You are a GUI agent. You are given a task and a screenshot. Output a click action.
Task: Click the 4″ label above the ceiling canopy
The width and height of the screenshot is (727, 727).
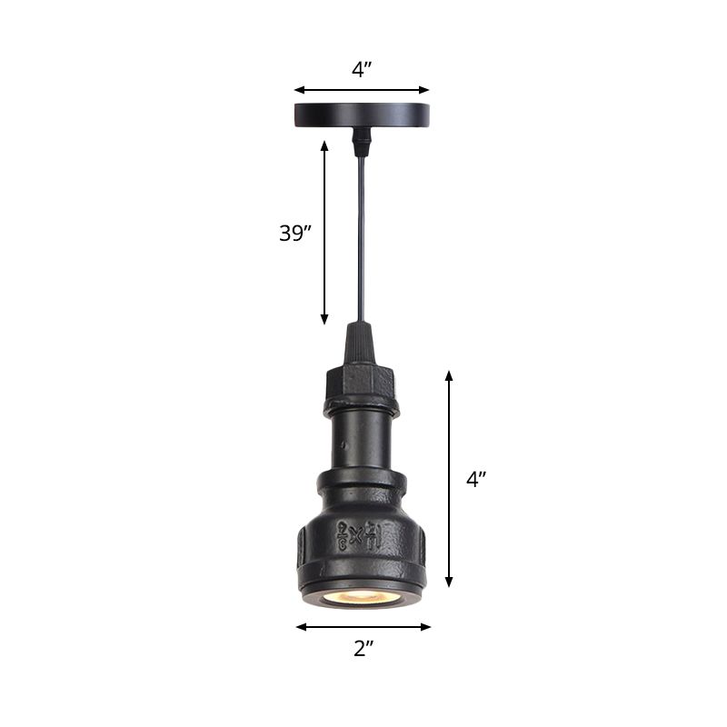362,70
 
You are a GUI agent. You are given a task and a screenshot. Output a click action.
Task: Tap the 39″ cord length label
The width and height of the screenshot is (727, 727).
295,233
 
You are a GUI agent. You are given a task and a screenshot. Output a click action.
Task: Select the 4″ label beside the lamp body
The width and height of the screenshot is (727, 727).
477,480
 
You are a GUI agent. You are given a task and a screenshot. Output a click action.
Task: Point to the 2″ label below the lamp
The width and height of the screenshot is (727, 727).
363,648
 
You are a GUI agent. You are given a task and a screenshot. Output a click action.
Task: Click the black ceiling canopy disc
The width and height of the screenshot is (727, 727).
362,115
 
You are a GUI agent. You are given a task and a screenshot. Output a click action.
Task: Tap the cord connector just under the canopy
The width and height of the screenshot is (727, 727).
362,139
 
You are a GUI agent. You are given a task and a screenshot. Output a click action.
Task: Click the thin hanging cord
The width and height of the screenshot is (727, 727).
362,236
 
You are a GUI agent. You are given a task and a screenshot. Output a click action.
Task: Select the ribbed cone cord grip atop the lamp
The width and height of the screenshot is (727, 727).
362,344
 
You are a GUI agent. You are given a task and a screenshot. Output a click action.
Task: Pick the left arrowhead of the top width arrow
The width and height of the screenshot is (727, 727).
298,90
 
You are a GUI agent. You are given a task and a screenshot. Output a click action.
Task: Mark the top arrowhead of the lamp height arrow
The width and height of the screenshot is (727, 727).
448,375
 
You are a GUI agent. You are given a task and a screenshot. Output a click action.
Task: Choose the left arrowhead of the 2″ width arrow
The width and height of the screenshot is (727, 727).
301,626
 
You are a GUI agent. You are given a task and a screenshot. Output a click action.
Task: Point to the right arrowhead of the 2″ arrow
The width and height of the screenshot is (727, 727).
426,626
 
